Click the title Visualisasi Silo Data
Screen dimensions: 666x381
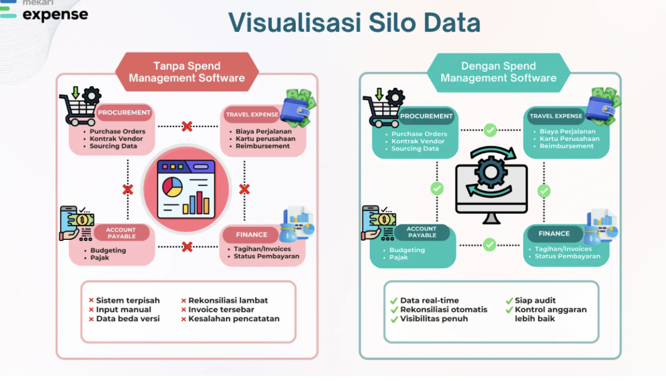(x=354, y=22)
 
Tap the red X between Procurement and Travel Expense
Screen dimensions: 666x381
(x=186, y=126)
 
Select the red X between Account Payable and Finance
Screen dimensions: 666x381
(x=187, y=247)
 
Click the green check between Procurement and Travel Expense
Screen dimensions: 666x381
(x=490, y=130)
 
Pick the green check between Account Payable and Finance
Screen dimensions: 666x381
(x=490, y=245)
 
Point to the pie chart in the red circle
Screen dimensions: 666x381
(x=172, y=187)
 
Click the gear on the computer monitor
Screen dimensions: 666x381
(x=491, y=172)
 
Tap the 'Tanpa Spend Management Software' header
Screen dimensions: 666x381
(x=186, y=72)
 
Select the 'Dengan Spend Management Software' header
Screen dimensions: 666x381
(x=499, y=72)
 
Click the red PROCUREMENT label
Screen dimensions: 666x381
(x=124, y=112)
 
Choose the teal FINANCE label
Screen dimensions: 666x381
(x=554, y=233)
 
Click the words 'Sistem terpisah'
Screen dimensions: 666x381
(x=128, y=301)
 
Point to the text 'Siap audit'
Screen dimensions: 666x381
(x=535, y=301)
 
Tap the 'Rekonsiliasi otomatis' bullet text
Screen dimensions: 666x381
(x=444, y=310)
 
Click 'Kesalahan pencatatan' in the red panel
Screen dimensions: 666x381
(x=234, y=319)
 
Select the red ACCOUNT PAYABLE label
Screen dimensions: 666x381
(x=121, y=233)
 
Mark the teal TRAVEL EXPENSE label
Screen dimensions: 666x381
(x=556, y=116)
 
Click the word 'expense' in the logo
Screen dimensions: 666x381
(x=55, y=14)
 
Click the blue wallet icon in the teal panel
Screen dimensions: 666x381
(x=600, y=109)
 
